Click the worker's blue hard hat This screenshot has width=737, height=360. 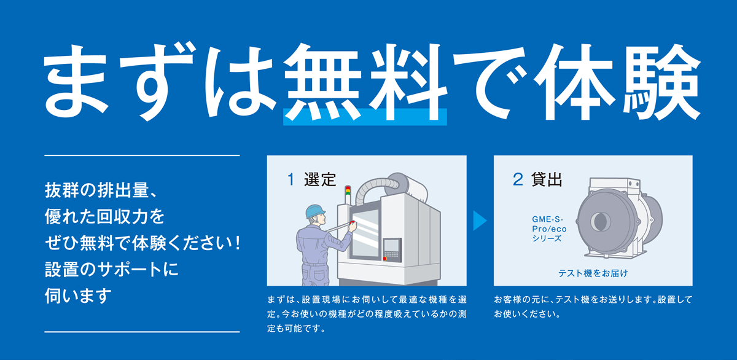coord(315,211)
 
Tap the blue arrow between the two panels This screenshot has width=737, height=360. coord(480,221)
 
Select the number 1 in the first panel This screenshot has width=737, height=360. coord(291,179)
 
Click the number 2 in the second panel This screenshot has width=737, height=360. coord(518,179)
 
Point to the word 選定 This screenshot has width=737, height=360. coord(320,179)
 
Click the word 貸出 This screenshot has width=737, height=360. coord(547,179)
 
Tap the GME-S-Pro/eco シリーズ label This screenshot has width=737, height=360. coord(549,229)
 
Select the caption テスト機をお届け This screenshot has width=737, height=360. coord(593,273)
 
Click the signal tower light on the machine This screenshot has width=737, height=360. coord(348,195)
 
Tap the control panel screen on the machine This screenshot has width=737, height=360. coord(392,245)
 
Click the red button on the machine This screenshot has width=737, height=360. coord(384,259)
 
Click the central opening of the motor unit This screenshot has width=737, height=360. coord(601,221)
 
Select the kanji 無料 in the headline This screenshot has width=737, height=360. coord(365,82)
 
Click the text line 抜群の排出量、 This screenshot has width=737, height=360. coord(101,190)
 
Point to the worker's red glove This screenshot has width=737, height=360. coord(353,224)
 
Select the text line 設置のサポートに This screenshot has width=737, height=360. coord(112,269)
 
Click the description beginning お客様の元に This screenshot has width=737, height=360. coord(593,307)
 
